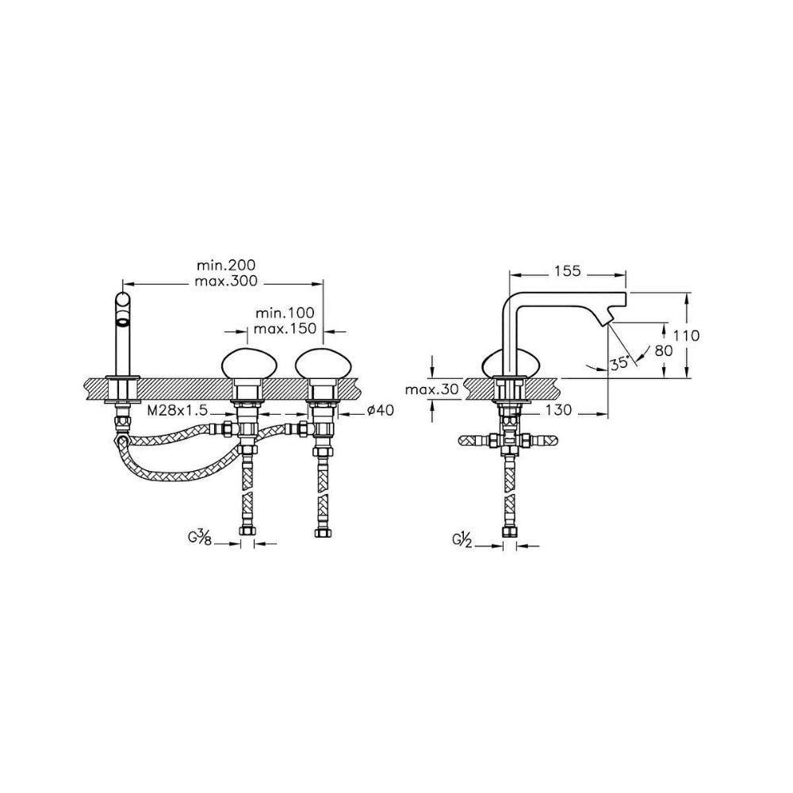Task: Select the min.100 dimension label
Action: click(285, 314)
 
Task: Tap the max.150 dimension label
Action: click(285, 328)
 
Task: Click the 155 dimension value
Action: click(567, 271)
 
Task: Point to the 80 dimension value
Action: click(665, 351)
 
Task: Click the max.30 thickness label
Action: click(431, 389)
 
